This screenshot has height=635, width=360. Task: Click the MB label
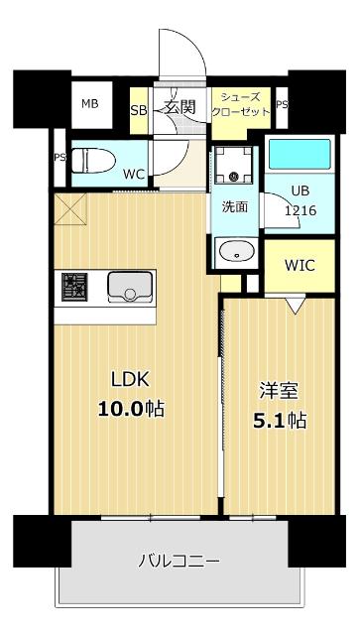[89, 104]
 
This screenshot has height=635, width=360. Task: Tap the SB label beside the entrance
[138, 110]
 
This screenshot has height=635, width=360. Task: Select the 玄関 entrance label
[180, 108]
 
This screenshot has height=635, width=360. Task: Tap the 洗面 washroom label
[233, 207]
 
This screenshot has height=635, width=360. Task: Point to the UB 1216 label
[300, 200]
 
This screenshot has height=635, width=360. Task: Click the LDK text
[129, 380]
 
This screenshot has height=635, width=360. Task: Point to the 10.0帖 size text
[130, 408]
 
